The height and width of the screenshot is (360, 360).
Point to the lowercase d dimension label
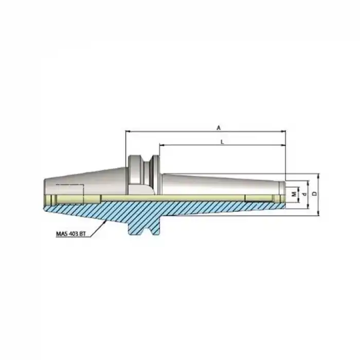pos(304,194)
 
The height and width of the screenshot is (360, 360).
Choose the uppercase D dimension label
pos(315,194)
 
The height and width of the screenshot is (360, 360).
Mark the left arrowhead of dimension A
pos(128,132)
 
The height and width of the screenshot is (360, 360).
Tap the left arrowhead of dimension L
pos(161,146)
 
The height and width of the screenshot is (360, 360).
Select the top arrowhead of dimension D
pos(319,176)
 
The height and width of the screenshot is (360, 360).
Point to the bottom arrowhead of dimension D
pos(319,212)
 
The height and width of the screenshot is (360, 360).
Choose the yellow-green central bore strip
pos(170,199)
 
